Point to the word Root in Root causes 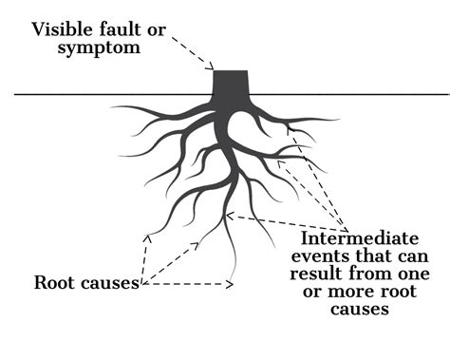coord(53,282)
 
